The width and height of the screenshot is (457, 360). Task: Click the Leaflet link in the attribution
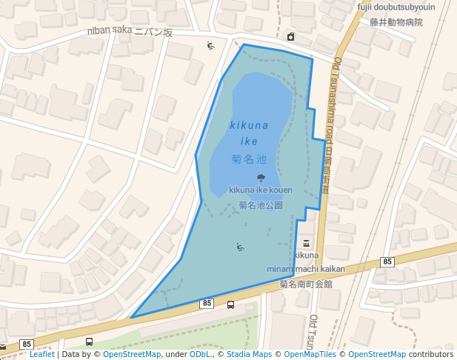tap(41, 354)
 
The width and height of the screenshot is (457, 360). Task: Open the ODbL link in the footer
tap(199, 354)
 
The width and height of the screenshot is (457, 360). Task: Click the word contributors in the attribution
tap(431, 354)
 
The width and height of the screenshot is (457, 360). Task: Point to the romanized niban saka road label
tap(109, 30)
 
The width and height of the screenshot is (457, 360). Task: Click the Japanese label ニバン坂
tap(153, 33)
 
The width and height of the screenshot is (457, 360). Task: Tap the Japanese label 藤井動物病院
tap(396, 22)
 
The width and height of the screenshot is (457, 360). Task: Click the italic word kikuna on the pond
tap(249, 125)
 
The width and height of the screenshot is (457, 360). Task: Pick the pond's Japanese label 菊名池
tap(249, 159)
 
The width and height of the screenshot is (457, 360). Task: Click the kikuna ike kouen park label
tap(260, 190)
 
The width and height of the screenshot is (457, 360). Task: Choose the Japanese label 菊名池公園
tap(261, 204)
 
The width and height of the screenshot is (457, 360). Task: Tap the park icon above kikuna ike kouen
tap(261, 178)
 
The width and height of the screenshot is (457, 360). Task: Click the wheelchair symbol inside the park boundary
tap(239, 247)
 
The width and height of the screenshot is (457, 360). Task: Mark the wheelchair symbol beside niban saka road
tap(210, 46)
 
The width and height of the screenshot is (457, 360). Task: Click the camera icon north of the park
tap(290, 37)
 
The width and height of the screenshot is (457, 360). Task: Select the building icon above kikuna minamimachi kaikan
tap(307, 244)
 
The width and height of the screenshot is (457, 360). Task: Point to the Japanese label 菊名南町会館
tap(306, 284)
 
